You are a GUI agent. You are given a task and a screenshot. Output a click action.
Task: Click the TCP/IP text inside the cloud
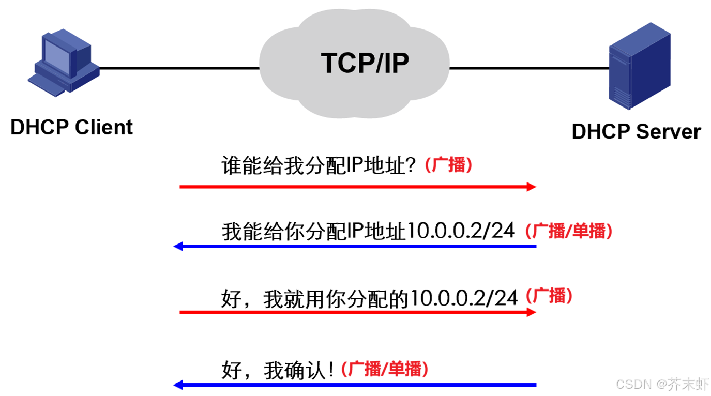pyautogui.click(x=365, y=63)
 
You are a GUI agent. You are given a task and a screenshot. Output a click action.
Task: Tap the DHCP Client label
pyautogui.click(x=71, y=127)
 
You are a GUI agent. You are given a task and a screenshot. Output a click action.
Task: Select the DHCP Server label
pyautogui.click(x=636, y=131)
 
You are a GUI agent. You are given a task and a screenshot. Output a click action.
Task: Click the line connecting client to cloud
pyautogui.click(x=178, y=68)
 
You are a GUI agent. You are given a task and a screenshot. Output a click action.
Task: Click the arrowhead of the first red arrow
pyautogui.click(x=532, y=187)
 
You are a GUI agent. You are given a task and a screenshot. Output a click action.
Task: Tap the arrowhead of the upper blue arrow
pyautogui.click(x=179, y=246)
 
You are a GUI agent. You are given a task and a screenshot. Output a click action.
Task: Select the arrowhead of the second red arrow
pyautogui.click(x=532, y=312)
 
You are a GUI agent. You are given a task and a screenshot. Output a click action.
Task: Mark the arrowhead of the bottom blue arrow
pyautogui.click(x=179, y=385)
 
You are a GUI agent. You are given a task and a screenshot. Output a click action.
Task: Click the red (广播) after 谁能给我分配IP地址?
pyautogui.click(x=448, y=165)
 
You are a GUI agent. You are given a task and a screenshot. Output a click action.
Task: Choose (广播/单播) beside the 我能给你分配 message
pyautogui.click(x=569, y=231)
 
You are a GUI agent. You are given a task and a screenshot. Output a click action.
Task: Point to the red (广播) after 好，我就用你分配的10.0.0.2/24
pyautogui.click(x=549, y=296)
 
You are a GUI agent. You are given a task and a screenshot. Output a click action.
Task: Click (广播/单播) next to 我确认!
pyautogui.click(x=385, y=369)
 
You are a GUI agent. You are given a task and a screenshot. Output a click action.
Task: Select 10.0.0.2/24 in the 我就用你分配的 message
pyautogui.click(x=463, y=298)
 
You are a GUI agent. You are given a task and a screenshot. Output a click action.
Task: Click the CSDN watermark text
pyautogui.click(x=662, y=384)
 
